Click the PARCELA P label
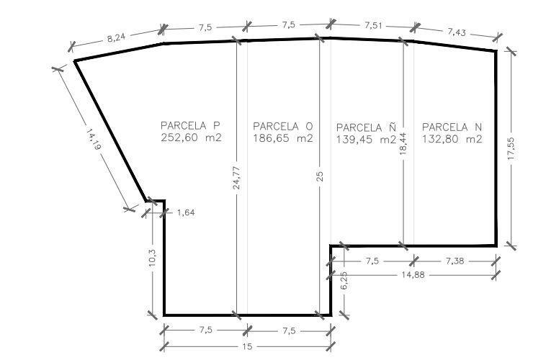pyautogui.click(x=190, y=125)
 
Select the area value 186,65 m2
pyautogui.click(x=283, y=138)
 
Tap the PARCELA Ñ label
pyautogui.click(x=367, y=127)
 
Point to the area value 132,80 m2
pyautogui.click(x=452, y=139)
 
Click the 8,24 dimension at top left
pyautogui.click(x=116, y=37)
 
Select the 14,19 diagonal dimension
pyautogui.click(x=93, y=139)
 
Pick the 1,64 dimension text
pyautogui.click(x=186, y=213)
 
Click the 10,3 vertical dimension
pyautogui.click(x=152, y=257)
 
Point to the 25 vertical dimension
pyautogui.click(x=320, y=176)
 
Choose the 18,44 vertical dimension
pyautogui.click(x=403, y=144)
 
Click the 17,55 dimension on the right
pyautogui.click(x=511, y=148)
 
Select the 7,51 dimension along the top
pyautogui.click(x=373, y=25)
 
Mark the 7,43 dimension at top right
pyautogui.click(x=457, y=32)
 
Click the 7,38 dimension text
pyautogui.click(x=454, y=261)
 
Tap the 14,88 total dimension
pyautogui.click(x=413, y=274)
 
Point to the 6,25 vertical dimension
pyautogui.click(x=344, y=280)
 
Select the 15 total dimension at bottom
pyautogui.click(x=247, y=346)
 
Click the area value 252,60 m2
pyautogui.click(x=191, y=138)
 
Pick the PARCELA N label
pyautogui.click(x=452, y=127)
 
